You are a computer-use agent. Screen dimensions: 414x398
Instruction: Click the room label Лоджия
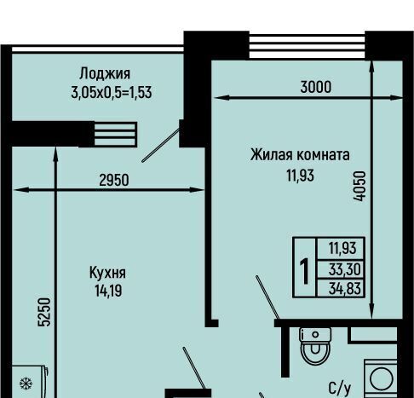pyautogui.click(x=105, y=73)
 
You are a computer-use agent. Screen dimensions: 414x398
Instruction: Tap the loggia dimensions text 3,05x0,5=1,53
pyautogui.click(x=112, y=93)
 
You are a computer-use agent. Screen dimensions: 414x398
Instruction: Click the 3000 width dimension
pyautogui.click(x=316, y=87)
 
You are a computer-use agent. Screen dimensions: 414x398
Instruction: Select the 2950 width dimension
pyautogui.click(x=114, y=180)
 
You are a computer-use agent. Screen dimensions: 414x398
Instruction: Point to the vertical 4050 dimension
pyautogui.click(x=359, y=186)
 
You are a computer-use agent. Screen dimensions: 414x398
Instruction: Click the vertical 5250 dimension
pyautogui.click(x=44, y=312)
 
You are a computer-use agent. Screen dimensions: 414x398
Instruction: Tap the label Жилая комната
pyautogui.click(x=300, y=155)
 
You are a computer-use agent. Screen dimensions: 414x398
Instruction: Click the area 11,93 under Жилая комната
pyautogui.click(x=300, y=176)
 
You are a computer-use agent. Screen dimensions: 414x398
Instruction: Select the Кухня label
pyautogui.click(x=107, y=273)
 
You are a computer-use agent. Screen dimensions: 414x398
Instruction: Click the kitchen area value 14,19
pyautogui.click(x=108, y=291)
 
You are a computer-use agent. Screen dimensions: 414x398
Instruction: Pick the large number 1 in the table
pyautogui.click(x=304, y=271)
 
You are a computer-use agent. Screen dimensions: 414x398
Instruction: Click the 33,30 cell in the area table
pyautogui.click(x=344, y=269)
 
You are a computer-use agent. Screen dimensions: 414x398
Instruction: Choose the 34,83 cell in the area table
pyautogui.click(x=344, y=288)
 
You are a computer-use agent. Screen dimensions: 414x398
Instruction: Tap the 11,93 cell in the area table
pyautogui.click(x=342, y=248)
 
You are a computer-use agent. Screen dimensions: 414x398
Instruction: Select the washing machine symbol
pyautogui.click(x=381, y=378)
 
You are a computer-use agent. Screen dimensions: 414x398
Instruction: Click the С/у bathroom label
pyautogui.click(x=340, y=389)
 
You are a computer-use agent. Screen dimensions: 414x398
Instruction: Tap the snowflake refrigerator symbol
pyautogui.click(x=26, y=384)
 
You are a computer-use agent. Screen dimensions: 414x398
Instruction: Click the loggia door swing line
pyautogui.click(x=161, y=145)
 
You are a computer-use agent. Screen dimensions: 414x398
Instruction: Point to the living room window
pyautogui.click(x=307, y=46)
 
